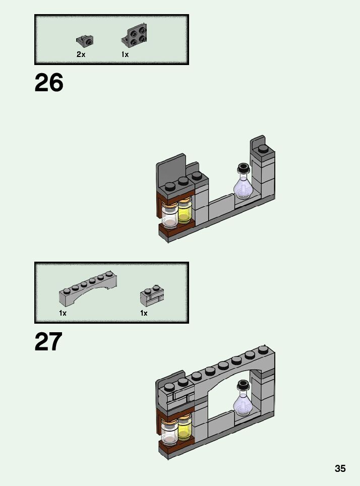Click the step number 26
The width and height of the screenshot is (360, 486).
point(49,83)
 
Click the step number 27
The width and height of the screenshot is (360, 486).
point(48,342)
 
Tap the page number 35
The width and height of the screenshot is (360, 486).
point(340,468)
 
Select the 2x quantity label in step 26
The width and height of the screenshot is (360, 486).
point(81,54)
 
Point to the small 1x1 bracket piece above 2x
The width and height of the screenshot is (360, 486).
point(85,40)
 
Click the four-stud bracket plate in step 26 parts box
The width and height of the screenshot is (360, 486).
point(134,36)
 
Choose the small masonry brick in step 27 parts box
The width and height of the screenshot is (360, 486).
point(152,297)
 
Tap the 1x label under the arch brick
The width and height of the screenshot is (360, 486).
point(63,313)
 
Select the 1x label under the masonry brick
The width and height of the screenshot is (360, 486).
point(144,313)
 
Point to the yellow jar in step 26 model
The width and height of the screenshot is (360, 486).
point(185,212)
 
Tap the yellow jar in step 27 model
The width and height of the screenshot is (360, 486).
point(185,428)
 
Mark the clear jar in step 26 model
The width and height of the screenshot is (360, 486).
point(170,217)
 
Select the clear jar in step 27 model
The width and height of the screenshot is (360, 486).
point(170,432)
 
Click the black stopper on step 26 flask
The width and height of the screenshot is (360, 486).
point(244,168)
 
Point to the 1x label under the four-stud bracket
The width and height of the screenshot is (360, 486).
point(125,54)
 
